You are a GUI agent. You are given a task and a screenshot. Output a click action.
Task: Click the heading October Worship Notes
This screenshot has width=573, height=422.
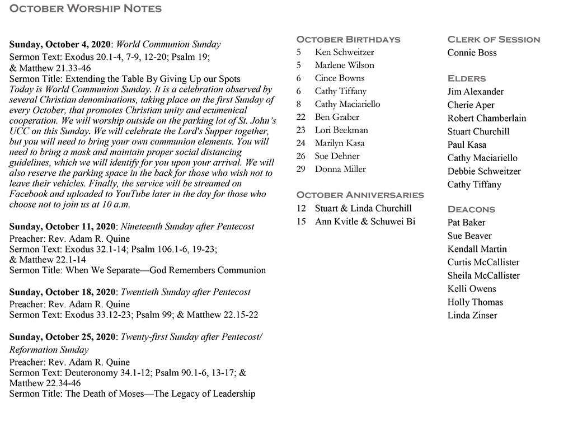(86, 8)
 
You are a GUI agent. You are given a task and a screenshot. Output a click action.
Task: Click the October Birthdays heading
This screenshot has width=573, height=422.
(348, 39)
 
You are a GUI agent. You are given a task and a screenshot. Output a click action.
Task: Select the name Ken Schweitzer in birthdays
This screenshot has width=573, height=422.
(344, 52)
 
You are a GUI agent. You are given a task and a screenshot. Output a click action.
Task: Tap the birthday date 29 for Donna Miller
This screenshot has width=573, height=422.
(300, 169)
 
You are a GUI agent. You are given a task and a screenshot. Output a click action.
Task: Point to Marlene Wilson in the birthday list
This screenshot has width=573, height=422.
(344, 65)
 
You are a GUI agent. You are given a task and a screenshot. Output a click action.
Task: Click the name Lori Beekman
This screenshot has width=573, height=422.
(341, 130)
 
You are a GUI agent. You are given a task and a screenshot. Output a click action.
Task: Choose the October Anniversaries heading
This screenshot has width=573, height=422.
(360, 195)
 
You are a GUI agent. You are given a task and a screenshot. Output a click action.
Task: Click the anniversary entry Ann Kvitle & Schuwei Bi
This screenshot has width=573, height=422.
(365, 222)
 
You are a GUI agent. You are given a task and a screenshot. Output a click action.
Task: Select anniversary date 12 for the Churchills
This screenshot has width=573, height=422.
(302, 208)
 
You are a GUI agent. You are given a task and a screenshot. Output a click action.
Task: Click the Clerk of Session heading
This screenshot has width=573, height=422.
(494, 39)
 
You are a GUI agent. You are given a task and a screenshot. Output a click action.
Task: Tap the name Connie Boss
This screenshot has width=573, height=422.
(472, 53)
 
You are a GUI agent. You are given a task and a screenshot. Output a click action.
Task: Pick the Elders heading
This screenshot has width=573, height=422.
(466, 78)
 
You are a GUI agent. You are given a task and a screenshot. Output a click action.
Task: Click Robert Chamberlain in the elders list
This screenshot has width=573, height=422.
(486, 118)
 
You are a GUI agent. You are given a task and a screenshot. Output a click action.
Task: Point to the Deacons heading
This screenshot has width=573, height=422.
(471, 209)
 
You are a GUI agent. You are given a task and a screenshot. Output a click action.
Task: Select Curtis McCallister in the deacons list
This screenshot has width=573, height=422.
(483, 262)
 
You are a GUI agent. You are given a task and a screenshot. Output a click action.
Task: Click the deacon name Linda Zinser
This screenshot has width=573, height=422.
(472, 315)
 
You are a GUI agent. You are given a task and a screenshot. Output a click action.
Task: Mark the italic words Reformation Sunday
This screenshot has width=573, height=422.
(49, 350)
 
